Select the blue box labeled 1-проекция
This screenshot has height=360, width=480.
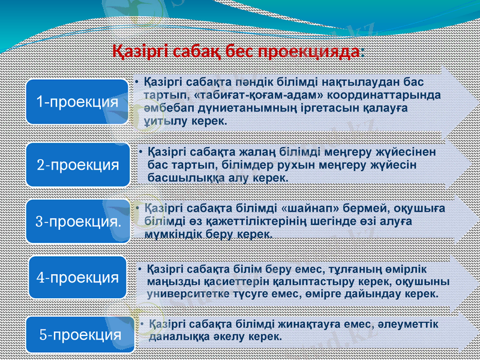click(77, 102)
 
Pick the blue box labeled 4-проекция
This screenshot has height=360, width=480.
click(77, 278)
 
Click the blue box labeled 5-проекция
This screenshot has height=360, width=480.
click(77, 334)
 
